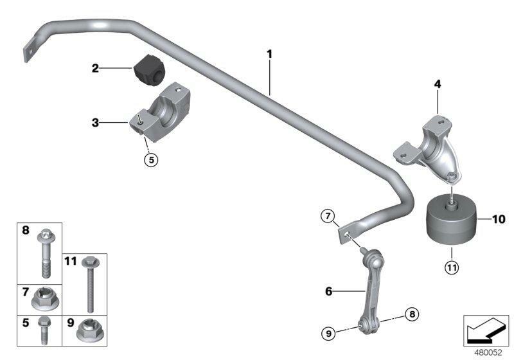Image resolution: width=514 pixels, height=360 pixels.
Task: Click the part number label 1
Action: [x=270, y=54]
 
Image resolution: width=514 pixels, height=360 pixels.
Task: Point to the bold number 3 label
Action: [x=94, y=122]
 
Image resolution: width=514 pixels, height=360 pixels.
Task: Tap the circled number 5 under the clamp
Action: [x=150, y=160]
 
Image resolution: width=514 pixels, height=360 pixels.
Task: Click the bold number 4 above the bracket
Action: [x=437, y=84]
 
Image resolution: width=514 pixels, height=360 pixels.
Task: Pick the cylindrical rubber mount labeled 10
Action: [x=450, y=221]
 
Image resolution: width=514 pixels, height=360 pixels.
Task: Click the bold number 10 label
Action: [x=499, y=219]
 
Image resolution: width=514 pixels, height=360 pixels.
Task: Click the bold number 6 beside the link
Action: [x=328, y=291]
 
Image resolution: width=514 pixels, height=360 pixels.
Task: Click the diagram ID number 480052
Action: [x=489, y=352]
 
